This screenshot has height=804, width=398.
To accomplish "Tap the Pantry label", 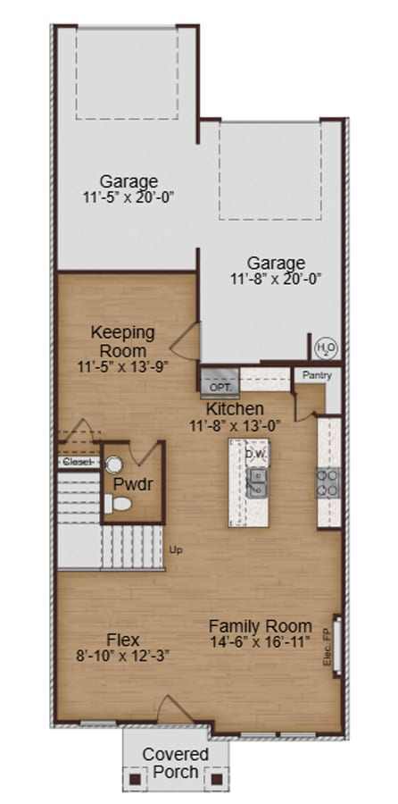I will coord(317,375).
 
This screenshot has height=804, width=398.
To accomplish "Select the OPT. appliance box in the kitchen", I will coord(220,386).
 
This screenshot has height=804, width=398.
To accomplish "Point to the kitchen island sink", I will coord(257,483).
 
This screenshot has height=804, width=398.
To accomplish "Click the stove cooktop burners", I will coord(328,482).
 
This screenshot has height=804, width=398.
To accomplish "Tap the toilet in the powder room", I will coord(119,505).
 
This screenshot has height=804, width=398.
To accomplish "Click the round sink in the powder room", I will coord(114,465).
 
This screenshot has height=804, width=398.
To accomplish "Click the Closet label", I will coord(79,462).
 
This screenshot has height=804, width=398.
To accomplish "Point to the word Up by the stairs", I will coord(175,550).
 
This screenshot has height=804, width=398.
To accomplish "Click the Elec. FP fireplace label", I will coord(328,648).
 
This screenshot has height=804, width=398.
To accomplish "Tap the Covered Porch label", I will coord(176,764).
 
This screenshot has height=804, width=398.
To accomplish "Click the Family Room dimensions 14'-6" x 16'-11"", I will coord(261,641).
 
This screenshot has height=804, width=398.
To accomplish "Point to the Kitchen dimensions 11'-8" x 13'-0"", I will coord(234,425).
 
